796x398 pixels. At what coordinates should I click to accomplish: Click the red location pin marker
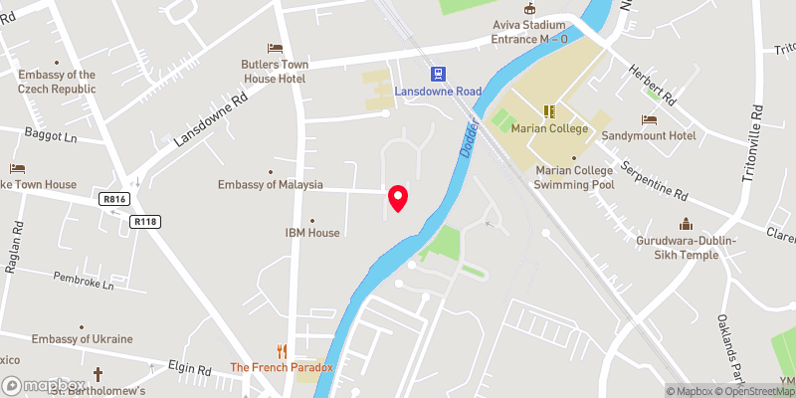[398, 198]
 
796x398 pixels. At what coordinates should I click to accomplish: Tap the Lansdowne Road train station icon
[438, 73]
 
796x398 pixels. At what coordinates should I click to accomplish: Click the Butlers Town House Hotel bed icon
[276, 48]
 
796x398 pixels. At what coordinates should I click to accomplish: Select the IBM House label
[312, 233]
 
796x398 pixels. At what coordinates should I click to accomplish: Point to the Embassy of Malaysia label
[271, 185]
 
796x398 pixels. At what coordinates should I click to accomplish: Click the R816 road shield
[115, 199]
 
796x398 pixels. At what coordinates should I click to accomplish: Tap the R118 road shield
[145, 222]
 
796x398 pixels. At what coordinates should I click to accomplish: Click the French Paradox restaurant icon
[283, 350]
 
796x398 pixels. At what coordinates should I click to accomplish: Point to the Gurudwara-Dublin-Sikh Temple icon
[685, 224]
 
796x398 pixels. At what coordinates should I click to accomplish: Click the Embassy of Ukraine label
[82, 339]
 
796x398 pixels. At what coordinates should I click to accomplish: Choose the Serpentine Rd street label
[654, 180]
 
